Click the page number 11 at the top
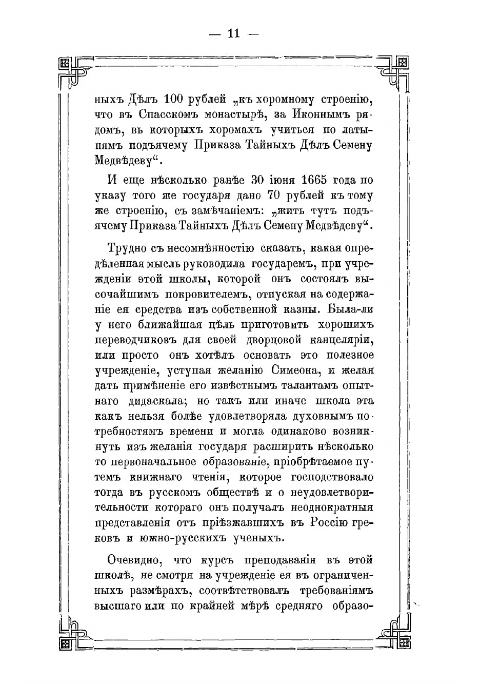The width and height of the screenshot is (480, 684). [x=233, y=34]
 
